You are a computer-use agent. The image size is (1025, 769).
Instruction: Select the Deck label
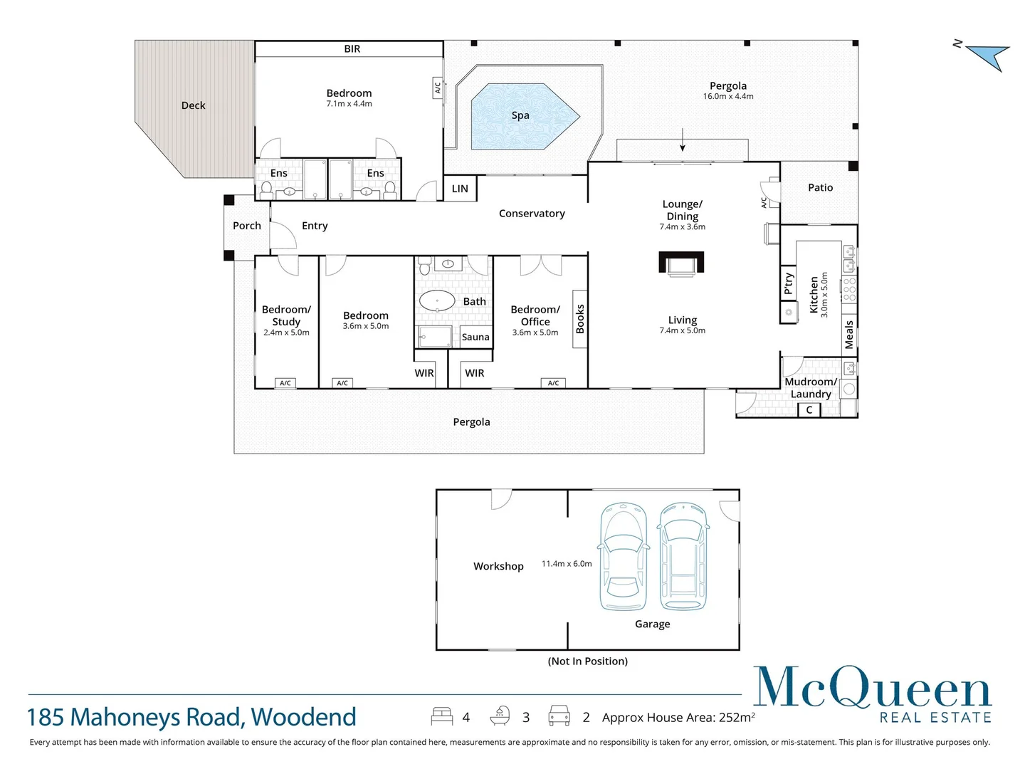pos(193,105)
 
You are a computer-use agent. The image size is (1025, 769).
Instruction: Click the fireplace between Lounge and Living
pos(681,263)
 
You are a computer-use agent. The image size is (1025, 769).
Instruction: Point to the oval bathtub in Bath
pos(437,300)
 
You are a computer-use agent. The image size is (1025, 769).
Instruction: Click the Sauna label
pos(475,338)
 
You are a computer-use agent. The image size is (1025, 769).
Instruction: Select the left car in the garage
pos(624,557)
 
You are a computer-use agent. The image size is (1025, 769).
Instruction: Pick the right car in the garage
pos(683,557)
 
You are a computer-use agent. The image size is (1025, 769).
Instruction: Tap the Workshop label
pos(498,566)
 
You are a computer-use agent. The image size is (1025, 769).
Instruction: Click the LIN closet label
pos(460,189)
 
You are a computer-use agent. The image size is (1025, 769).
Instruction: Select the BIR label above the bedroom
pos(352,49)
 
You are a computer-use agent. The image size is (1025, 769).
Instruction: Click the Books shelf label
pos(580,319)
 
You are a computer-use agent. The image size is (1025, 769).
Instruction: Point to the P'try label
pos(788,283)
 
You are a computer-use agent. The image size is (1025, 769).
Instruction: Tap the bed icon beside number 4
pos(441,716)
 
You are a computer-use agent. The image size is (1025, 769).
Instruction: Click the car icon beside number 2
pos(559,716)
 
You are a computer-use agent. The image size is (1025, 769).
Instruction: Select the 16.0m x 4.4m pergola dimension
pos(728,97)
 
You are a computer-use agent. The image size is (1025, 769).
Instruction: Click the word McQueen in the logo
pos(872,688)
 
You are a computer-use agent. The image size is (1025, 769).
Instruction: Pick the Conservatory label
pos(532,214)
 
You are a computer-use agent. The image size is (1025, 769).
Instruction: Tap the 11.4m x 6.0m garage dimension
pos(567,564)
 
